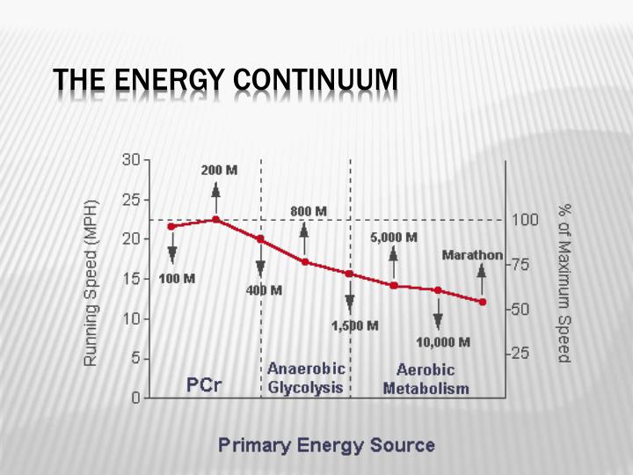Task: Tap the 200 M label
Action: (x=219, y=170)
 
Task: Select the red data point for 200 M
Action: (x=216, y=219)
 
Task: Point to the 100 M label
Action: (x=177, y=279)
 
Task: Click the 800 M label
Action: (x=309, y=212)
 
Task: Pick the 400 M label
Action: (x=264, y=290)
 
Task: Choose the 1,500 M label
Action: (x=355, y=325)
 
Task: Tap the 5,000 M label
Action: (x=393, y=237)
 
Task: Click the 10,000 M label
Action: (x=443, y=341)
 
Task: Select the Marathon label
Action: (x=472, y=256)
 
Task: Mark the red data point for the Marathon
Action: (x=482, y=302)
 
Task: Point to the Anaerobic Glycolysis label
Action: (x=305, y=378)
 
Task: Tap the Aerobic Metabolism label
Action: (x=426, y=379)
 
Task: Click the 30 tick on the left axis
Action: (x=131, y=159)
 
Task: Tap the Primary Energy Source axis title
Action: (x=326, y=444)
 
